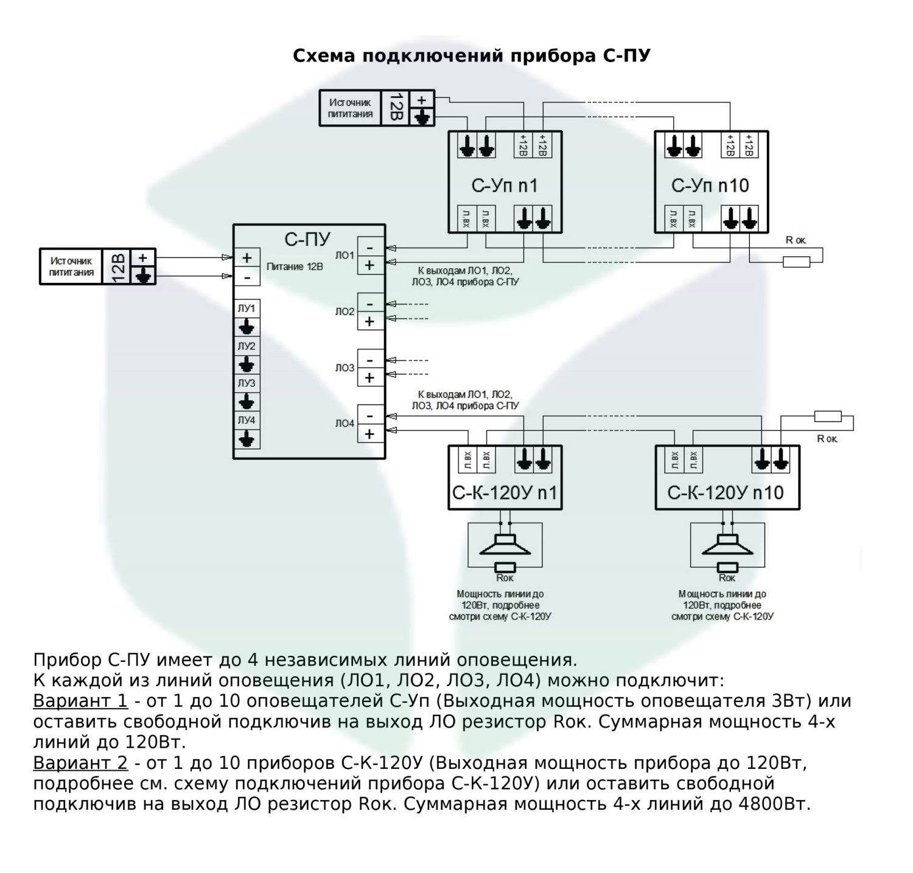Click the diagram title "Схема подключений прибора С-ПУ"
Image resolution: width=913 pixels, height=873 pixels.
pyautogui.click(x=472, y=56)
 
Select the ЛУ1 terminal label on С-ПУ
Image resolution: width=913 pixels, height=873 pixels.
pyautogui.click(x=247, y=308)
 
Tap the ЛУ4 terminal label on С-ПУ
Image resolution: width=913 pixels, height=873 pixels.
pyautogui.click(x=247, y=420)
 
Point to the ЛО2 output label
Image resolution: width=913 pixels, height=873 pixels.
pyautogui.click(x=345, y=312)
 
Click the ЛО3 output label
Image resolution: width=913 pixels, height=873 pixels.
pyautogui.click(x=345, y=368)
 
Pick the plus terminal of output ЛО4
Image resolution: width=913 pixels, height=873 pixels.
pyautogui.click(x=370, y=434)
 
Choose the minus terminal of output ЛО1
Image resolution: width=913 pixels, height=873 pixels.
pyautogui.click(x=370, y=248)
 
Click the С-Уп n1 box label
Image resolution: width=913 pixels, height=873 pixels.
pyautogui.click(x=505, y=186)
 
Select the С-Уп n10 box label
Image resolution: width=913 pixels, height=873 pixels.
pyautogui.click(x=710, y=186)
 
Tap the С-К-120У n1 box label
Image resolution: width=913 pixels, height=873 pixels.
pyautogui.click(x=505, y=493)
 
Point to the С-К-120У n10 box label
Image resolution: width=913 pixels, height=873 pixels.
pyautogui.click(x=726, y=493)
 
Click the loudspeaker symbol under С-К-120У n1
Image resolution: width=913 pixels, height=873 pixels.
pyautogui.click(x=505, y=545)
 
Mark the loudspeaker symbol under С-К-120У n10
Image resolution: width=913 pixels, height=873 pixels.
pyautogui.click(x=727, y=545)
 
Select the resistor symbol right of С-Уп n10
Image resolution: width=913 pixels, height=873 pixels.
pyautogui.click(x=796, y=262)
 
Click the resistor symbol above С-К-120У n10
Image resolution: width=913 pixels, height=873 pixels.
pyautogui.click(x=828, y=417)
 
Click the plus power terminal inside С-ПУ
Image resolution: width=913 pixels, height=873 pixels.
pyautogui.click(x=247, y=258)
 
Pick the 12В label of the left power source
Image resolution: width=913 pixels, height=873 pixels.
pyautogui.click(x=117, y=266)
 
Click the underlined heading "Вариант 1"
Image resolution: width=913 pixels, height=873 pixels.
pyautogui.click(x=80, y=701)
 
